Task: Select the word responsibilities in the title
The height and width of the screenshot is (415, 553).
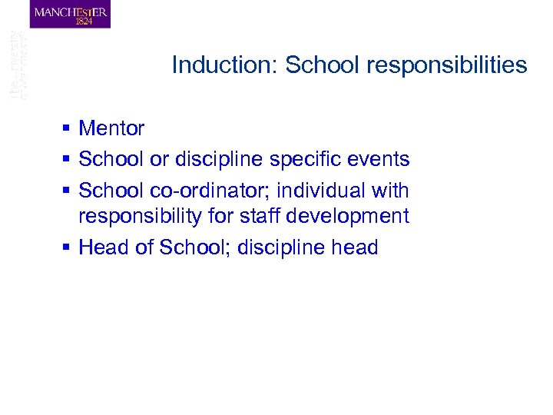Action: point(447,65)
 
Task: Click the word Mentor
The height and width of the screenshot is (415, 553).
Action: point(111,128)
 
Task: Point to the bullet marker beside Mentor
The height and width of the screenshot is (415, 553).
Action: point(68,128)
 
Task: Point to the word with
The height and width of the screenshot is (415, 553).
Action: point(389,190)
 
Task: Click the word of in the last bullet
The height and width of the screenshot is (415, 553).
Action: point(144,247)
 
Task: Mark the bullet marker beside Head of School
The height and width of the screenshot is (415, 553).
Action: point(68,247)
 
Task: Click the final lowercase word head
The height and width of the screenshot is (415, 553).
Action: point(353,247)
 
